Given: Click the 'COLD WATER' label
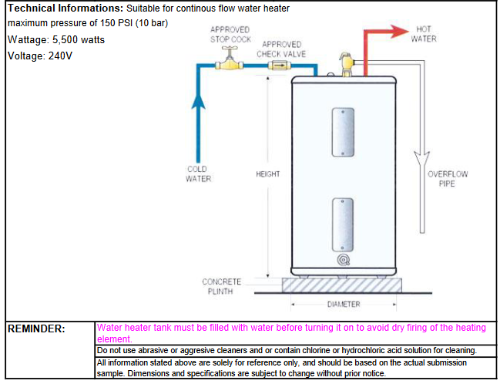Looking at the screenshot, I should [197, 173].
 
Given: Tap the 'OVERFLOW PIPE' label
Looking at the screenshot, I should [447, 178].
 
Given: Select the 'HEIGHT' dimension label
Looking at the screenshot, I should [267, 174].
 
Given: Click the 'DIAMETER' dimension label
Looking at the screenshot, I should [343, 304].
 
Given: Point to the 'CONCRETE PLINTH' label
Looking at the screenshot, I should [222, 286].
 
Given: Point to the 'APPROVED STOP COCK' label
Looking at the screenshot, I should [230, 35].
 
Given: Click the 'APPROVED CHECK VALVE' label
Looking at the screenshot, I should [281, 49].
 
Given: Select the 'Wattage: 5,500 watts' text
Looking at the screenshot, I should [55, 39].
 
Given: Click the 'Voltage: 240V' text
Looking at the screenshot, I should [39, 56].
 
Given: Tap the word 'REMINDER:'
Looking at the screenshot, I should [36, 328].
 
